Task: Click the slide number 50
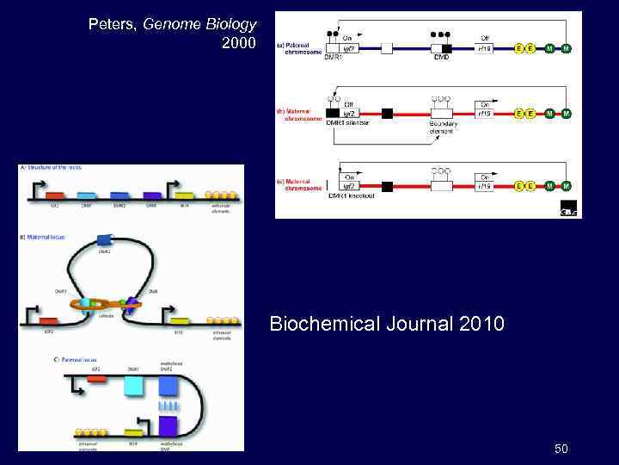561,449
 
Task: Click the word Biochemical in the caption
315,325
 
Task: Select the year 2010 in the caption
482,325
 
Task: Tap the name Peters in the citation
113,24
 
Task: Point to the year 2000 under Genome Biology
238,42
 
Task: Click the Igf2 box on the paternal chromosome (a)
348,48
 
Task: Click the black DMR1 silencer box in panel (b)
333,113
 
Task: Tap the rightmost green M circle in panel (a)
567,48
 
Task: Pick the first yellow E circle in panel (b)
519,113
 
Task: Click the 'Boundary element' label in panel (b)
444,127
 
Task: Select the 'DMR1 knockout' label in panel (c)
349,197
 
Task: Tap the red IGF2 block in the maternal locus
50,321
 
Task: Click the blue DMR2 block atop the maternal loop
105,241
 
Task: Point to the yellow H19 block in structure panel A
184,197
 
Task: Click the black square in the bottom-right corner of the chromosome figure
568,209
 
